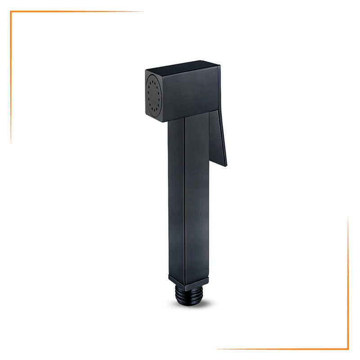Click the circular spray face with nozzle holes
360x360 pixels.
point(154,95)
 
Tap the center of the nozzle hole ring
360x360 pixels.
point(154,95)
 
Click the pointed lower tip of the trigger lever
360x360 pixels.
point(225,165)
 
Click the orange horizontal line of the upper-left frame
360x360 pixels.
point(76,12)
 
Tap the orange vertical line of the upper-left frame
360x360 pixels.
point(11,76)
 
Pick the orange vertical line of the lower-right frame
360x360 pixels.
point(348,283)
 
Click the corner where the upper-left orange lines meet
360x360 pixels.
point(11,12)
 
